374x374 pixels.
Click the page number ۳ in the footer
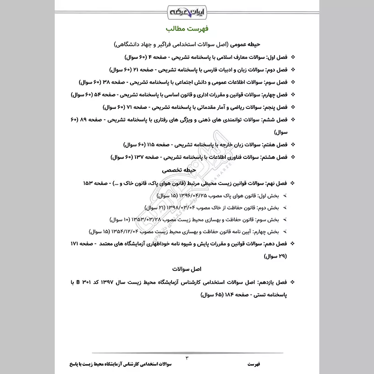188,358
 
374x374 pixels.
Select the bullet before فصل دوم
293,70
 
